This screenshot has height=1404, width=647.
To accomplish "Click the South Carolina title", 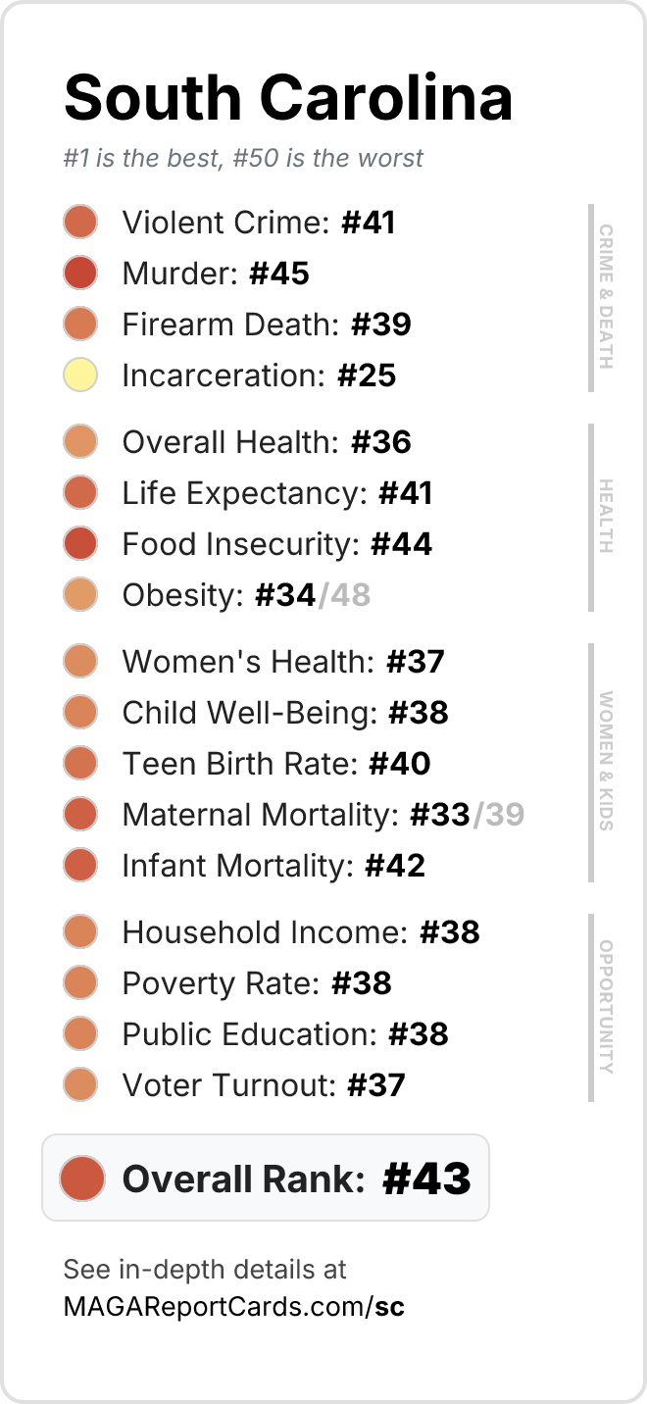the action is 288,98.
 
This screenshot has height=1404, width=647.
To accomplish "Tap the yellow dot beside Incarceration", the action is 80,375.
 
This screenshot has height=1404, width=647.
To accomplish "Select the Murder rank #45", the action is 279,274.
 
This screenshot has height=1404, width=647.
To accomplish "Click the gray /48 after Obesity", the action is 344,595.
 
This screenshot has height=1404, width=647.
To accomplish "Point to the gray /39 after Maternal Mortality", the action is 498,815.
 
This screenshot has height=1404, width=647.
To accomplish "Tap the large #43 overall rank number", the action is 426,1178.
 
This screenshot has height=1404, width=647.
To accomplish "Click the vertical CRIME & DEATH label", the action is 606,297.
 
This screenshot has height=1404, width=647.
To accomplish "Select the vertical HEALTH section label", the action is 606,516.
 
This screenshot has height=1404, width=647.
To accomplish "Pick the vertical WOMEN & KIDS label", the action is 606,761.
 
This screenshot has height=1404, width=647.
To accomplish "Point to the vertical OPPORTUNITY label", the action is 606,1007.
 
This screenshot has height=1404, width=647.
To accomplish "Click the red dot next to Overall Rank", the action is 82,1178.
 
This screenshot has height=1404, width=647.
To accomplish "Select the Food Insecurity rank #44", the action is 401,544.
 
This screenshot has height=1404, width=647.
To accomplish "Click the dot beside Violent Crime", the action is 80,222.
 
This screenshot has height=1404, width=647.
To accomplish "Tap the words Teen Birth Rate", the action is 240,764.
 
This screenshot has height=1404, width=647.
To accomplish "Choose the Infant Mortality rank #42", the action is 395,866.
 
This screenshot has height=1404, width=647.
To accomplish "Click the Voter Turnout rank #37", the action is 376,1085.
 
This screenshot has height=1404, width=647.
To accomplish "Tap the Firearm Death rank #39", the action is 381,325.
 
